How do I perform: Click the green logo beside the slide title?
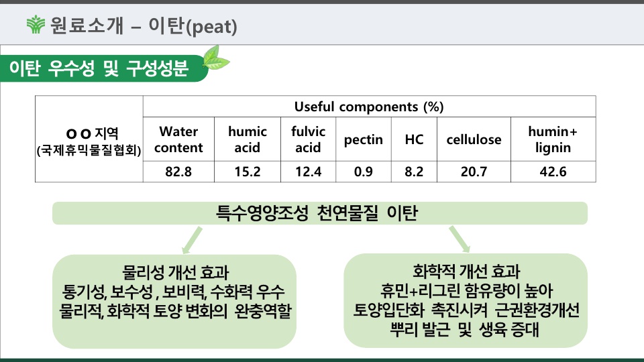click(x=36, y=24)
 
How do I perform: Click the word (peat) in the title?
click(x=211, y=27)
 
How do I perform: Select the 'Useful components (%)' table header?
click(x=369, y=107)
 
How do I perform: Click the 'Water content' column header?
click(x=178, y=139)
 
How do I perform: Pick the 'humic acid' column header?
click(x=248, y=139)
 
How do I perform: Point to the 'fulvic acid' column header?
click(x=308, y=139)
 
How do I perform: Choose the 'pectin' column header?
click(x=364, y=140)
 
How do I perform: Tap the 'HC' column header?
click(x=414, y=139)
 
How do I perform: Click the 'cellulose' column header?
click(x=474, y=139)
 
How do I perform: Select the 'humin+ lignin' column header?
click(x=553, y=139)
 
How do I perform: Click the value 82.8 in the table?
click(x=178, y=172)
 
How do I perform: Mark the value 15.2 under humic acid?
click(x=248, y=172)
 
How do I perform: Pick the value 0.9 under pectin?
click(x=364, y=172)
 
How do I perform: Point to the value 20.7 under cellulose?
click(x=474, y=172)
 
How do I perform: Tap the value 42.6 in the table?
click(x=553, y=172)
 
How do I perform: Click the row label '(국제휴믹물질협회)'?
click(x=89, y=151)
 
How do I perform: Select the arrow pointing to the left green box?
click(x=192, y=241)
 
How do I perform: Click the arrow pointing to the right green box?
click(x=460, y=239)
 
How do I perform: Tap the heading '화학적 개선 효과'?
click(x=466, y=271)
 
